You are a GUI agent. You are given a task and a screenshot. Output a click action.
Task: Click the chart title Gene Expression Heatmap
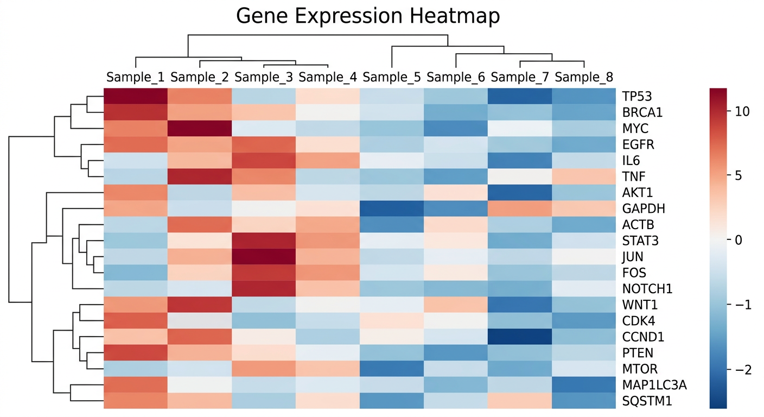tap(368, 16)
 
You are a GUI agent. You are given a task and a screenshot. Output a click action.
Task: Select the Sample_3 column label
tap(264, 77)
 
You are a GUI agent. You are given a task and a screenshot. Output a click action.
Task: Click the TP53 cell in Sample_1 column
tap(135, 97)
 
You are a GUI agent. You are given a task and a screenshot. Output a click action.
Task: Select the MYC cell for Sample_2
tap(200, 129)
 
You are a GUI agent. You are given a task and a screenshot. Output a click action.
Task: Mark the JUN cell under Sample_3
tap(264, 257)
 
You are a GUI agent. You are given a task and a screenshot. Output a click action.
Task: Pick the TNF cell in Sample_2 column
tap(200, 176)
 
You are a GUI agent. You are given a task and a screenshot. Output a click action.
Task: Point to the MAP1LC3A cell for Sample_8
tap(584, 385)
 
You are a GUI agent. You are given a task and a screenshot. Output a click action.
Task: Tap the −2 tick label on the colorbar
tap(743, 370)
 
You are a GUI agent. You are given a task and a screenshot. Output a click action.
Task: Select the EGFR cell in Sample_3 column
tap(264, 144)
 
